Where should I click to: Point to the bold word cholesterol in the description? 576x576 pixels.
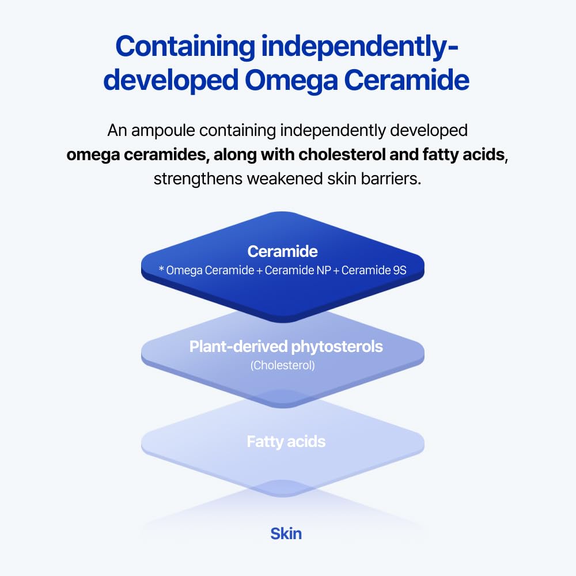tap(339, 155)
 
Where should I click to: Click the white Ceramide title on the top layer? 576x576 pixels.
tap(282, 252)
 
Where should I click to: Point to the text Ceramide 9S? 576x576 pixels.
tap(374, 270)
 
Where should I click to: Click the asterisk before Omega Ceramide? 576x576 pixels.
tap(161, 269)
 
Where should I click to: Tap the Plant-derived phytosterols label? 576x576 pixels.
tap(286, 347)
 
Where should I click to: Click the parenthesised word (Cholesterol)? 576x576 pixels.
tap(282, 365)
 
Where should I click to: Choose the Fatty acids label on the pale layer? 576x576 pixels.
tap(286, 442)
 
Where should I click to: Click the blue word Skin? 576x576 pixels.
tap(286, 533)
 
